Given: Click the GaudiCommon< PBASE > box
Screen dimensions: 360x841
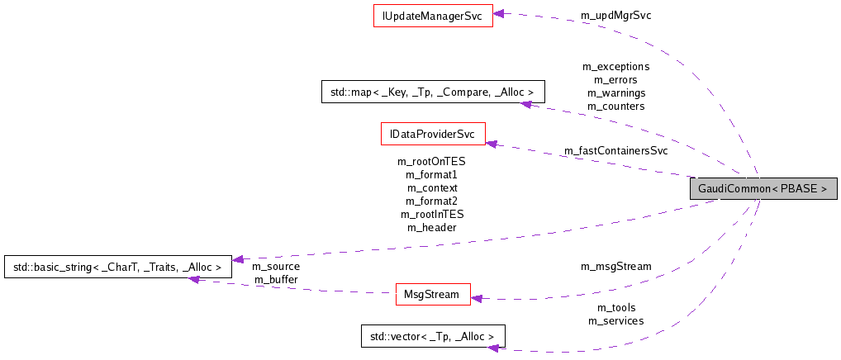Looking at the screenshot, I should [x=763, y=188].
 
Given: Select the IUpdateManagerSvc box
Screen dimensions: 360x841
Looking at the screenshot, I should [x=433, y=16].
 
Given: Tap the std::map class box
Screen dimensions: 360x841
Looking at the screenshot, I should [x=432, y=92].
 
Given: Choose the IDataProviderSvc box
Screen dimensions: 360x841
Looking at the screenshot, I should [x=432, y=134].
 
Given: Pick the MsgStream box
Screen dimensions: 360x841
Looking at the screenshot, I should [x=432, y=295].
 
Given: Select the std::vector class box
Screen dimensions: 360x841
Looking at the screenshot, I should [x=432, y=336].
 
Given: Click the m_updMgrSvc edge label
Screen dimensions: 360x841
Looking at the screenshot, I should [x=615, y=16].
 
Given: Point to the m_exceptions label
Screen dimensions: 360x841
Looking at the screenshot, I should [x=615, y=66].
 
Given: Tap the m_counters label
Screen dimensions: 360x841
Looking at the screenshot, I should [x=615, y=106].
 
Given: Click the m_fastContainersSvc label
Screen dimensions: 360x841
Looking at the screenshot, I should [x=615, y=150].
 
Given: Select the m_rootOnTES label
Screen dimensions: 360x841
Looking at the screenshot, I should [x=431, y=162].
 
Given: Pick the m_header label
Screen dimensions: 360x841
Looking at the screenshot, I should [x=431, y=227].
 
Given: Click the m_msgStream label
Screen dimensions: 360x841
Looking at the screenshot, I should [x=615, y=266].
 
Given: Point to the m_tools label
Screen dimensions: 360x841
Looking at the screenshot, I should [x=615, y=308].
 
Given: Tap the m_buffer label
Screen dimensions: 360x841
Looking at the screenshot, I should [x=276, y=280].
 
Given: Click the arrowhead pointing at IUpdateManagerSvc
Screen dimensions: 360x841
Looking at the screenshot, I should [x=500, y=13].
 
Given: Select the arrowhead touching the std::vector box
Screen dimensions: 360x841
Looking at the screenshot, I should [x=491, y=348].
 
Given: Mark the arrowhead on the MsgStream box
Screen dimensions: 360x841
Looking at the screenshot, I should [x=477, y=298].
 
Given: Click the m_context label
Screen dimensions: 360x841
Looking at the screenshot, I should [x=431, y=188].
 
